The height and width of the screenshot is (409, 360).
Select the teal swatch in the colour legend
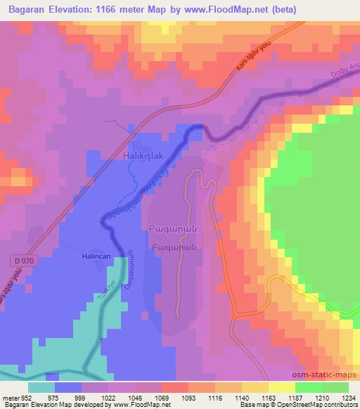pyautogui.click(x=41, y=387)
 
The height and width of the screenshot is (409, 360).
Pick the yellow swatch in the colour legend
pyautogui.click(x=282, y=387)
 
